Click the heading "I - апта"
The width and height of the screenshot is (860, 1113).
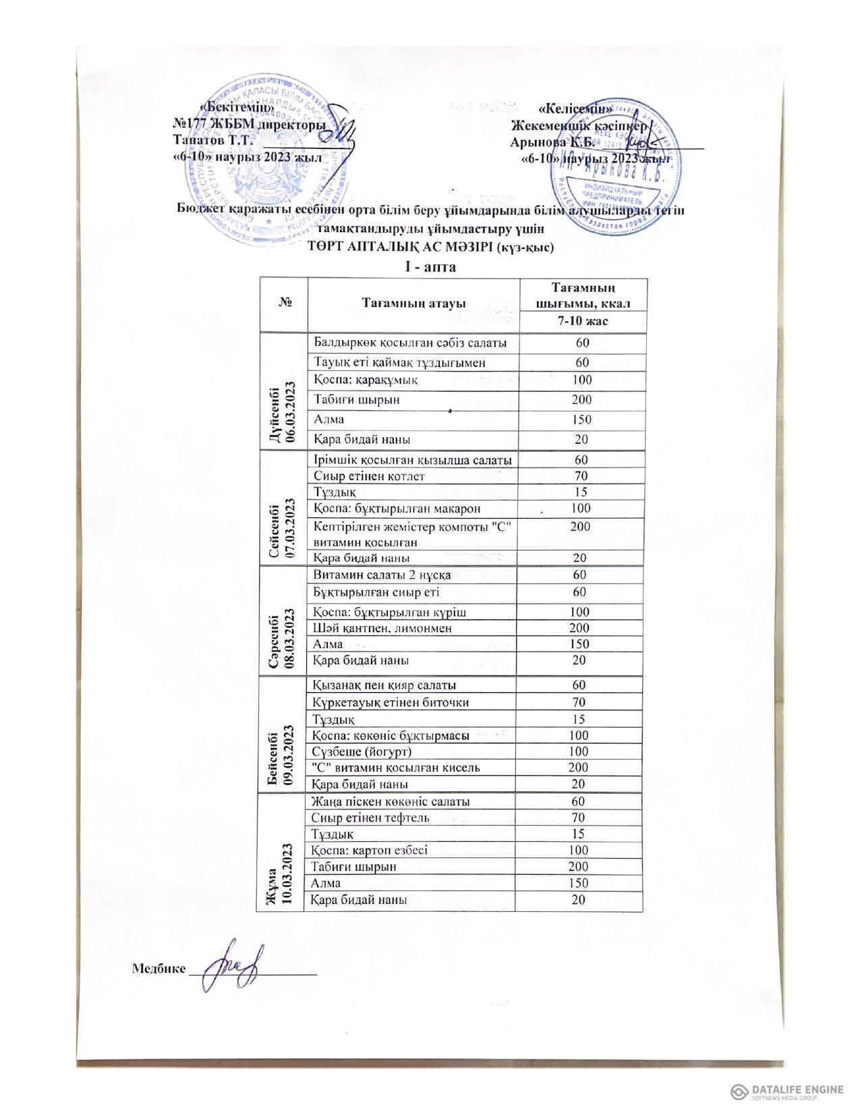tap(430, 266)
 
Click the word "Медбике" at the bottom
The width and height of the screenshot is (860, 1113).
tap(159, 969)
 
